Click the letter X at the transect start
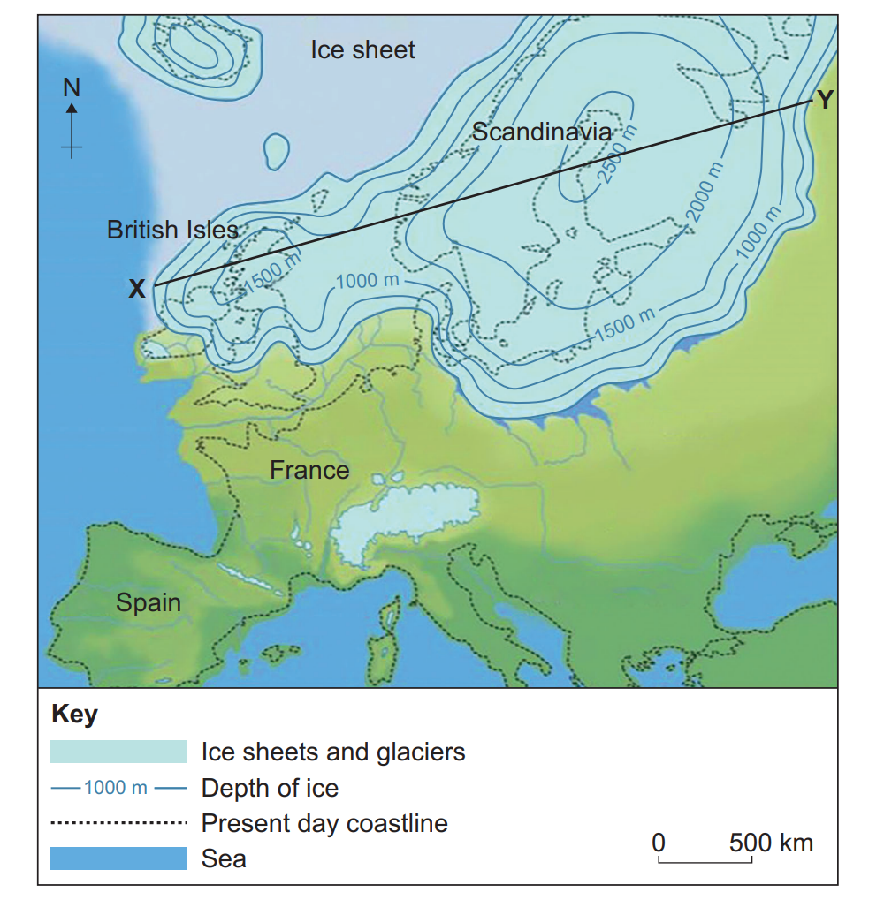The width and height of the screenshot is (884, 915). point(137,288)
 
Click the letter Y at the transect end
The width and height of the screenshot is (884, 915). point(824,100)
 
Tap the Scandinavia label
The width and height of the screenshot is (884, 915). point(541,132)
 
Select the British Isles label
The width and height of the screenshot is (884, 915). point(172,231)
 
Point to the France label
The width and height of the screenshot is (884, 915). point(309,470)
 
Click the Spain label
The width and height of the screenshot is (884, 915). point(149,603)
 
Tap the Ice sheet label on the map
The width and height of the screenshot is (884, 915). point(362,49)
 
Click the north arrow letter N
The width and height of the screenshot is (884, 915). point(72,87)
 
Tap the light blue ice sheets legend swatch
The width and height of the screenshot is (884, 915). point(118,752)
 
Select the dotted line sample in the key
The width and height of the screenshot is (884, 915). point(118,823)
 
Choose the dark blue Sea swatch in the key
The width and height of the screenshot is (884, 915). point(118,858)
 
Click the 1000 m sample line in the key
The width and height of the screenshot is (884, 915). point(118,787)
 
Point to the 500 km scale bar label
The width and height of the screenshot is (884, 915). point(771,843)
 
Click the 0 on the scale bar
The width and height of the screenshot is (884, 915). point(659,843)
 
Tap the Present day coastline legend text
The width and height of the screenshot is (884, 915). point(324,823)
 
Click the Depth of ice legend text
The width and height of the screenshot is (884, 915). point(270,787)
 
